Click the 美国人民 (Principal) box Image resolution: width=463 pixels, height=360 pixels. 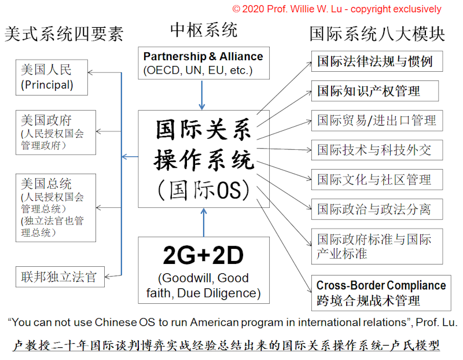(52, 78)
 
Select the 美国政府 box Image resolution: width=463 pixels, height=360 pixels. (56, 133)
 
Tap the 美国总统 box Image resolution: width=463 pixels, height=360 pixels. (56, 208)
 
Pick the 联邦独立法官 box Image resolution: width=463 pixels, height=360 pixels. (60, 277)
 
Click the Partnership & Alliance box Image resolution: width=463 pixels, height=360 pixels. (204, 63)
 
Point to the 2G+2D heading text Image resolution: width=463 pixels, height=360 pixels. (204, 255)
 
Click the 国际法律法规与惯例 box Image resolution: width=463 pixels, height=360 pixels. (377, 61)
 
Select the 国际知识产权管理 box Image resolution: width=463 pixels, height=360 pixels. (375, 91)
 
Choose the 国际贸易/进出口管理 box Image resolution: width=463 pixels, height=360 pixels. (377, 120)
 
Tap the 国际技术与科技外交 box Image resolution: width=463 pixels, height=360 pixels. (377, 150)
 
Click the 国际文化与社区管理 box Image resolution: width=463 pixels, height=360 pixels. (377, 179)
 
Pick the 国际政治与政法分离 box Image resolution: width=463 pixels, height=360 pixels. (377, 209)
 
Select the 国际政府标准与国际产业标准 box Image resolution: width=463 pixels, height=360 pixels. (377, 247)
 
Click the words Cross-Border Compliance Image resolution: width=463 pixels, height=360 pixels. (381, 285)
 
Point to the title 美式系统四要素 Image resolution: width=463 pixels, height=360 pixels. (64, 34)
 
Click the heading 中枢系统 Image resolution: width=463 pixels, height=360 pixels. (204, 30)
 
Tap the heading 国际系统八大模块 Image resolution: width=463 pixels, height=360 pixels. (377, 34)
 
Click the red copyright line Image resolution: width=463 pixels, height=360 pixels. (337, 9)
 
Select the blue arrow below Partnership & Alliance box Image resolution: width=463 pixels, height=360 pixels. (202, 95)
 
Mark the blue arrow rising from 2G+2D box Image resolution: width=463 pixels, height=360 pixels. (204, 222)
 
